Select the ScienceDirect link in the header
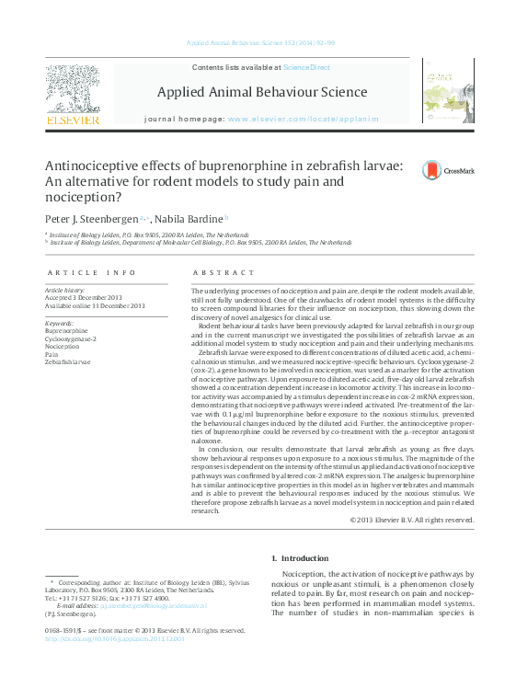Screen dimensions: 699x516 click(x=306, y=68)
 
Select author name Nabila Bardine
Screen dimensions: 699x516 click(x=189, y=219)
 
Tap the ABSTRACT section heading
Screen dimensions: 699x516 click(x=224, y=273)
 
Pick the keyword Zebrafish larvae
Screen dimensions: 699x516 click(x=68, y=361)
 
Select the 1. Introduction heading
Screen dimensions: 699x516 click(x=301, y=558)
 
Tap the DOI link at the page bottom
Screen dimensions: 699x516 click(x=114, y=638)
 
